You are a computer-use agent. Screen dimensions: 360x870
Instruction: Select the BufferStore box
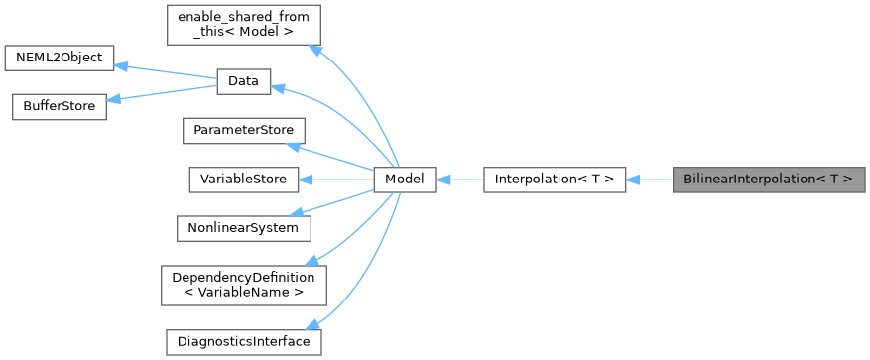[x=59, y=107]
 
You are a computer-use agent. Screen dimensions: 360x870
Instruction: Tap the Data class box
[x=243, y=82]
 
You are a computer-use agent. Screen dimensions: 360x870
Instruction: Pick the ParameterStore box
[x=243, y=131]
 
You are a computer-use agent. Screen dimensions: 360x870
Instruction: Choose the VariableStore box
[x=243, y=180]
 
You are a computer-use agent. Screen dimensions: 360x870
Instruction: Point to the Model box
[x=405, y=180]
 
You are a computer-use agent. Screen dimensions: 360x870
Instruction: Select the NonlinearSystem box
[x=243, y=227]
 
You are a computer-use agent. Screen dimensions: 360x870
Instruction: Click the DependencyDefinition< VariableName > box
[x=243, y=285]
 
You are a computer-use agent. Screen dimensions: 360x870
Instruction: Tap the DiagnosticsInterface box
[x=243, y=341]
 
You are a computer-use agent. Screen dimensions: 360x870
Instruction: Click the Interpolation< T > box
[x=554, y=180]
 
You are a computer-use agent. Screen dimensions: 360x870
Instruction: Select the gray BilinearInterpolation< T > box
[x=769, y=180]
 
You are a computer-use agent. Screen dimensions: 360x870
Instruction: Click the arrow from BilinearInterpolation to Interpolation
[x=649, y=180]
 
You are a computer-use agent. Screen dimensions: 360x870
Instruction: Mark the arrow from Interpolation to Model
[x=459, y=180]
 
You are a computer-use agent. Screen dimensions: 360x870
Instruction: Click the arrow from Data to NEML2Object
[x=165, y=71]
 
